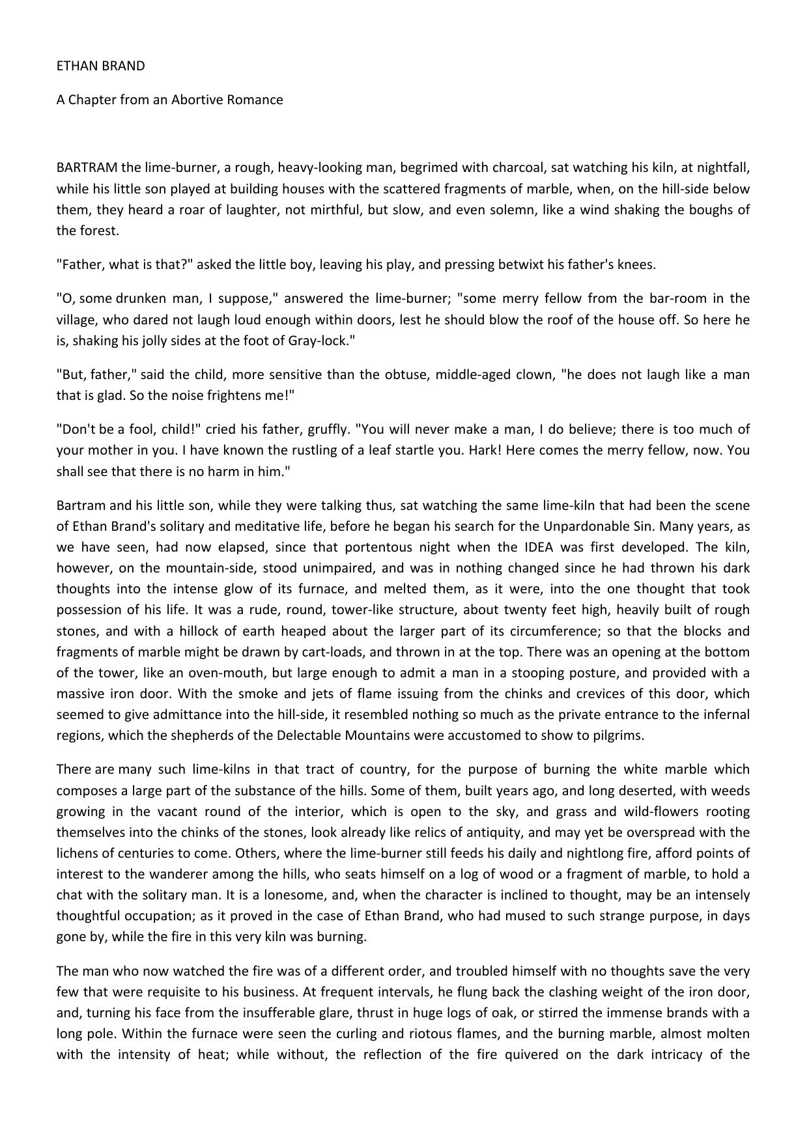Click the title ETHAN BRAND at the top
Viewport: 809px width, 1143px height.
pos(100,66)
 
